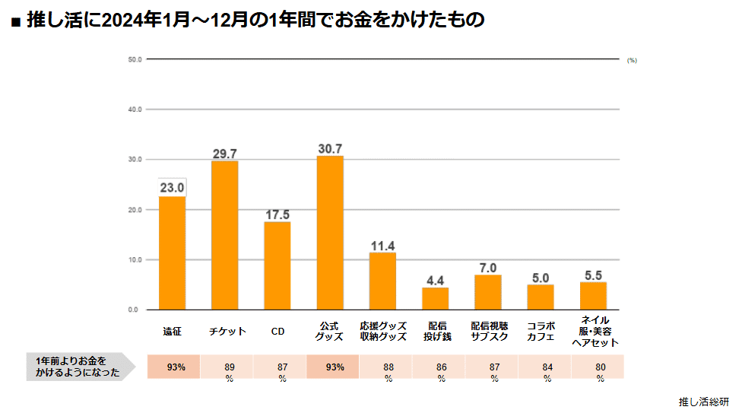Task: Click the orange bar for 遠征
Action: [172, 253]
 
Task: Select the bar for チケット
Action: [224, 235]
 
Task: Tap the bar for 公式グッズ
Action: [330, 233]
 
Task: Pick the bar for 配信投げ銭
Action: [436, 298]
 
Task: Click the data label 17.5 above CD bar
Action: [277, 214]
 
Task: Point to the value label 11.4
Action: [382, 246]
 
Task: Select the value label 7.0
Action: [488, 268]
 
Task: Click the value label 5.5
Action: [594, 275]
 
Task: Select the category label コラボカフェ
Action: [541, 331]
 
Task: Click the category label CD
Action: [277, 332]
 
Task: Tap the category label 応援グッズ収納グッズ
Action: [382, 331]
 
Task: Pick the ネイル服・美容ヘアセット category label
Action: [594, 331]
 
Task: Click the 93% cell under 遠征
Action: [176, 367]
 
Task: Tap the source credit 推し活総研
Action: [704, 402]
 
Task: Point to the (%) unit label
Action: [632, 60]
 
